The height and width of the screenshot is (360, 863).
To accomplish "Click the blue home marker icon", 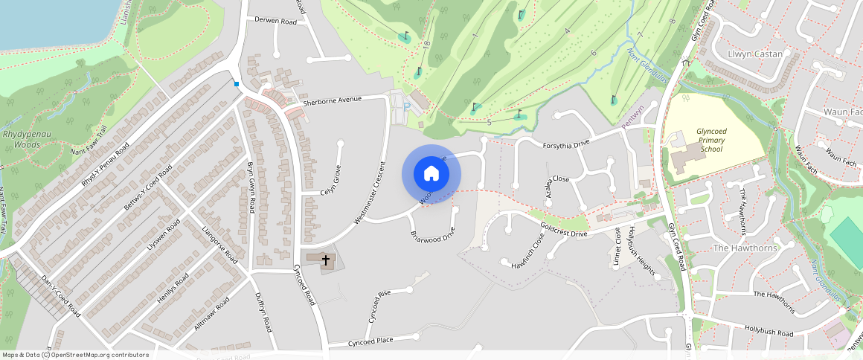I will point(431,174).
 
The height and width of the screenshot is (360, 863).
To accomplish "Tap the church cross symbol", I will point(326,260).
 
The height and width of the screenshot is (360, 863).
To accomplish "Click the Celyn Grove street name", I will point(336,182).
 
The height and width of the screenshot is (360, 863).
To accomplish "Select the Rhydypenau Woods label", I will point(22,140).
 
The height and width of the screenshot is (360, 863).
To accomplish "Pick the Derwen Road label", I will point(275,22).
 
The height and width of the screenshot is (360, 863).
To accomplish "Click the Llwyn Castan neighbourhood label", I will point(754,54).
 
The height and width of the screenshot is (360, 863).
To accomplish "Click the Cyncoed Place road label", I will point(370,341).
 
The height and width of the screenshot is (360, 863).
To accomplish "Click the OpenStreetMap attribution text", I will point(76,355).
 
